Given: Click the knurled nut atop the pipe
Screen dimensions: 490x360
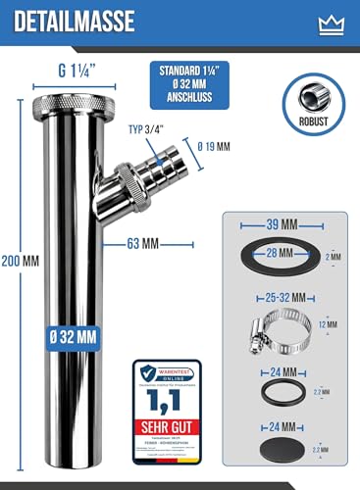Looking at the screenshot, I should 65,105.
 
